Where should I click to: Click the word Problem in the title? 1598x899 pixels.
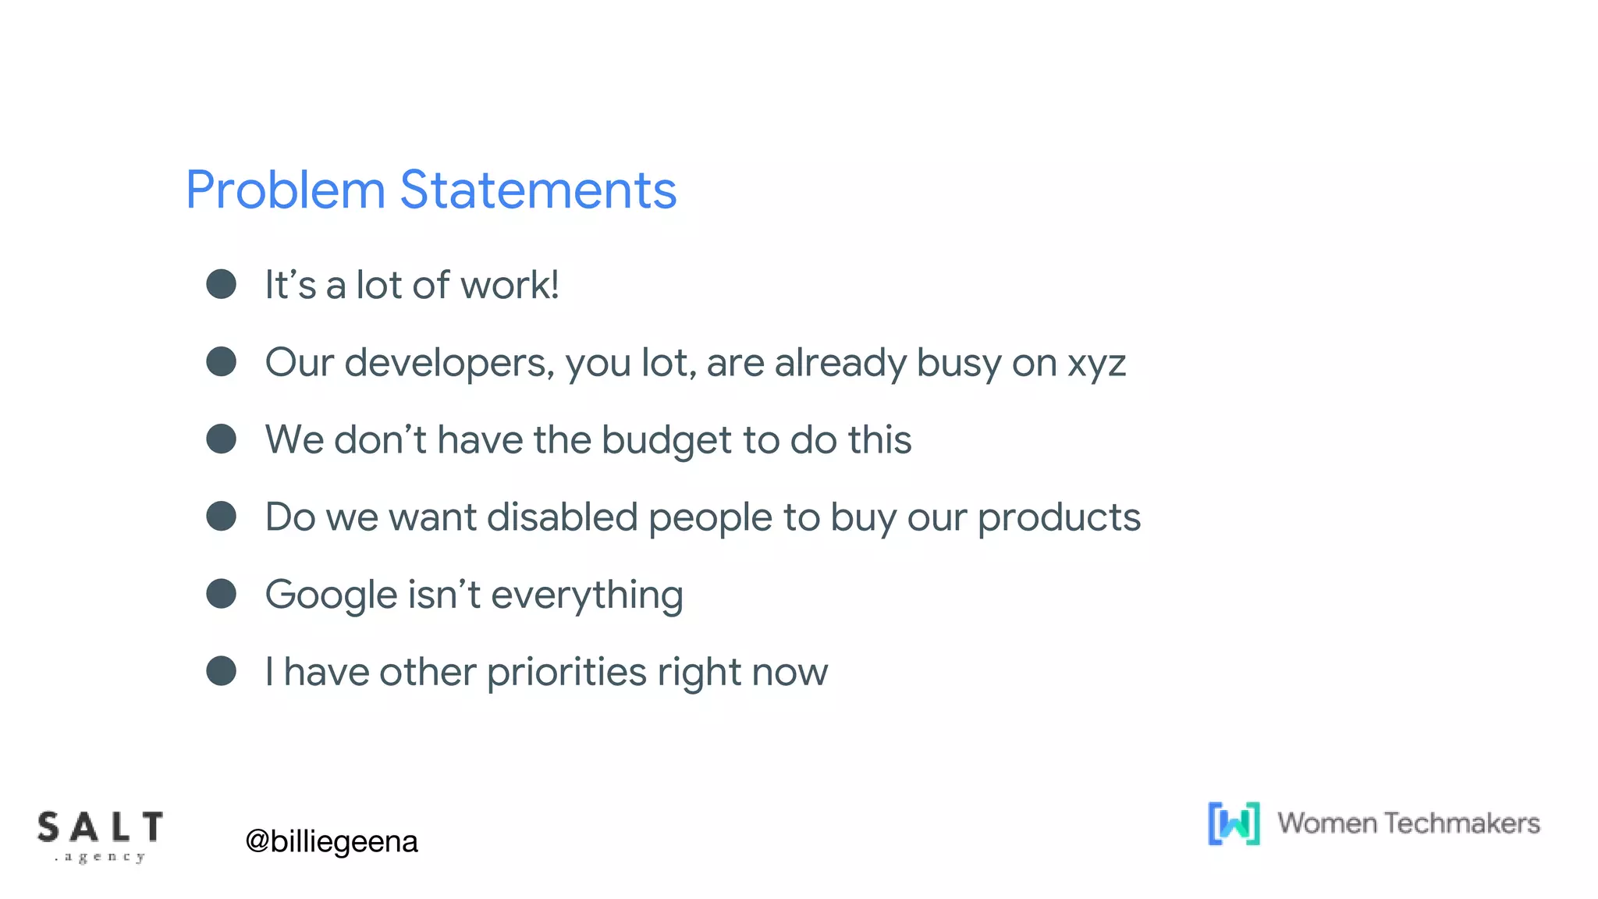286,190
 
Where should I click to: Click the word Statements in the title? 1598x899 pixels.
538,190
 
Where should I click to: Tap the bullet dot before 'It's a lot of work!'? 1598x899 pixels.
222,284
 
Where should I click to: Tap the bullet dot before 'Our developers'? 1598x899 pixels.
222,361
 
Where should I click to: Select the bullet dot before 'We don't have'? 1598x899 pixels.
222,439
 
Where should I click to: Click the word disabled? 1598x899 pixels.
563,517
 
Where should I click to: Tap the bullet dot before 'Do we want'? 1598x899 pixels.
222,516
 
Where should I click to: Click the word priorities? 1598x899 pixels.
566,673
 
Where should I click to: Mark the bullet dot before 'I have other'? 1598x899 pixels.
222,670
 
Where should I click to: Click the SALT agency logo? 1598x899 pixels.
100,836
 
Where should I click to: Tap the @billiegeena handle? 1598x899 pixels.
332,841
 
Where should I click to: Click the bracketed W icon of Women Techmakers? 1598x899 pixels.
1234,823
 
